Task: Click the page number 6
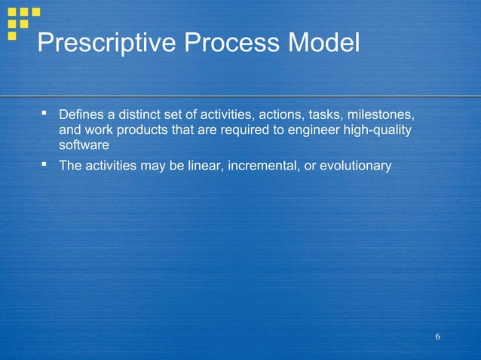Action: point(437,335)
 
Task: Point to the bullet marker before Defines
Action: point(44,114)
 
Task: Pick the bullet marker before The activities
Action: point(44,164)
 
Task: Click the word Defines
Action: point(81,115)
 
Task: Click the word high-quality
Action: point(380,130)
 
